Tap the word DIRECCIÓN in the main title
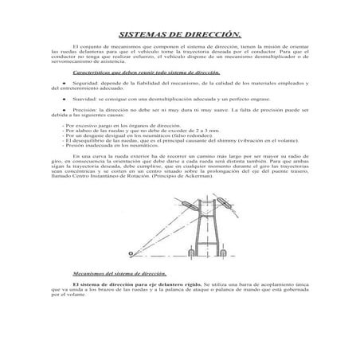pyautogui.click(x=213, y=36)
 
